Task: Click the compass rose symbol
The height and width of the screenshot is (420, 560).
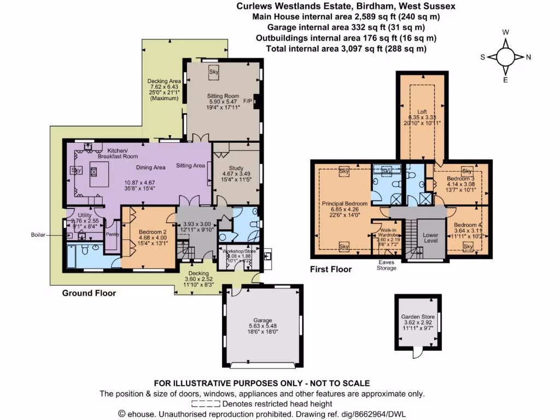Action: click(506, 56)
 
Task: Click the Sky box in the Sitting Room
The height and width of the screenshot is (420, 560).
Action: click(214, 71)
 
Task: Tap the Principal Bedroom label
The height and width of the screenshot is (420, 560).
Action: click(344, 203)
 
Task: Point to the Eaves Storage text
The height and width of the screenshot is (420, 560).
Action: click(386, 265)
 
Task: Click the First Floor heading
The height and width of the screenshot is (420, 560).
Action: click(331, 269)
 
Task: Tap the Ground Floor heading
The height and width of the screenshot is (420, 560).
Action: click(89, 293)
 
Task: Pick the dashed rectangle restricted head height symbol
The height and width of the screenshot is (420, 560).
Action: click(206, 403)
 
